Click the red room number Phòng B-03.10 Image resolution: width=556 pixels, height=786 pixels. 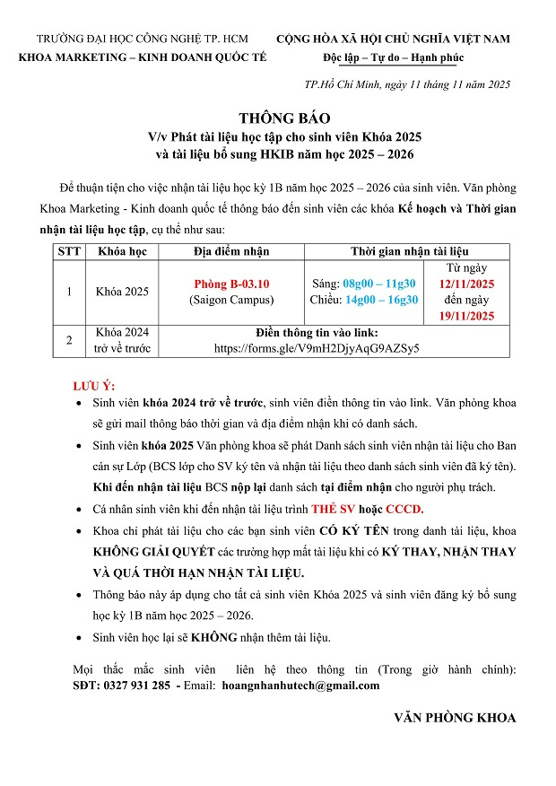[231, 284]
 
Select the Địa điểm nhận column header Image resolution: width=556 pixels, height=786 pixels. [231, 251]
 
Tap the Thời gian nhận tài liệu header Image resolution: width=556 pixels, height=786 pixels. [408, 251]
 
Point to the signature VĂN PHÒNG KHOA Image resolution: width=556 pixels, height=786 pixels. [455, 718]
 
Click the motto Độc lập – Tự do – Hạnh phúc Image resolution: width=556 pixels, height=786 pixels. [393, 57]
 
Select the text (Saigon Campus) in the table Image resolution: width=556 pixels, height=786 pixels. [231, 300]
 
